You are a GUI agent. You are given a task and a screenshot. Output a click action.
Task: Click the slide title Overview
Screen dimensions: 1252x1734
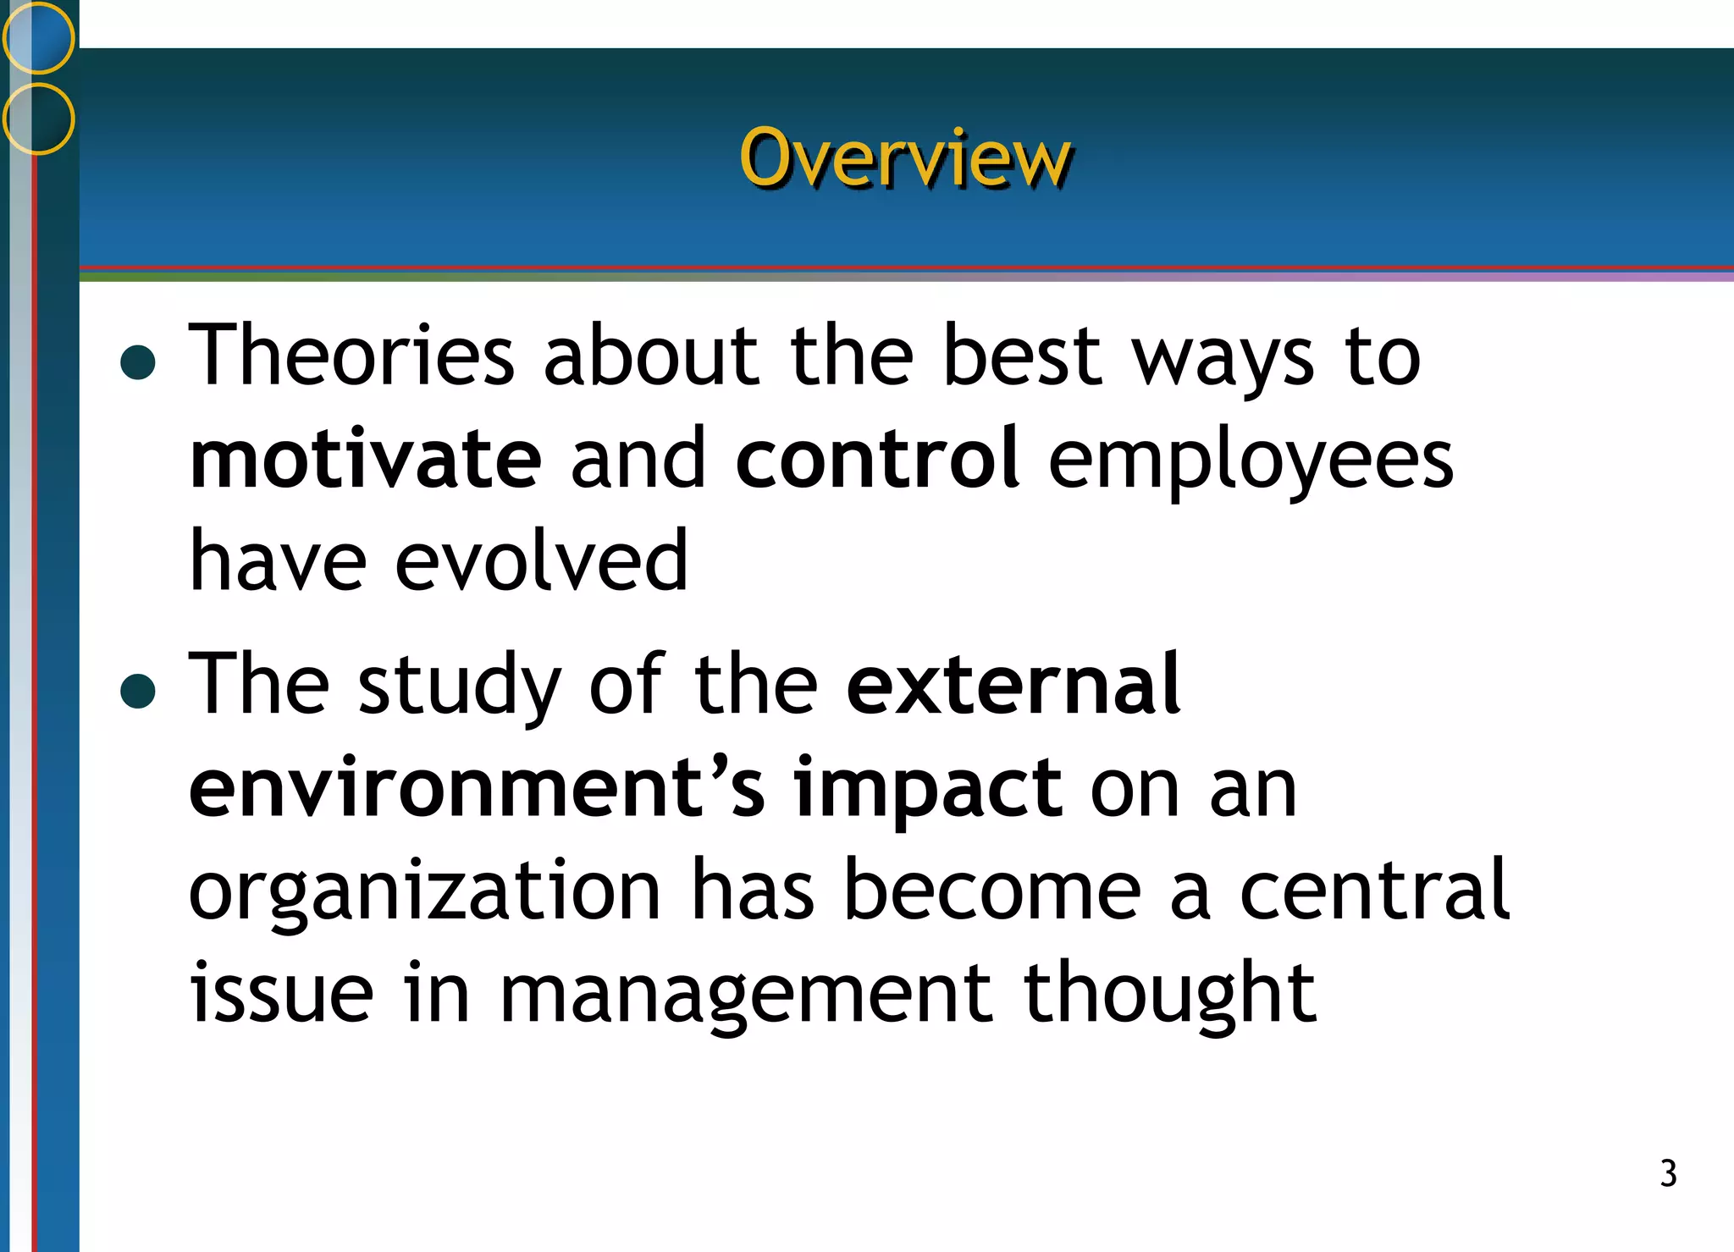click(x=905, y=158)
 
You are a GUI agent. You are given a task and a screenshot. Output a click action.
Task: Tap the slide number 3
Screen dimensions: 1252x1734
click(x=1667, y=1173)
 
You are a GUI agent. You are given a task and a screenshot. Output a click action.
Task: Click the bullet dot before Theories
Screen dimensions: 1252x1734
click(x=138, y=361)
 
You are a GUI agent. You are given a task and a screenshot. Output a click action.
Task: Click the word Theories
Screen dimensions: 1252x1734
click(x=351, y=356)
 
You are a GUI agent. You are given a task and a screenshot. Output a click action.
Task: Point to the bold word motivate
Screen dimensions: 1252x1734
click(x=365, y=459)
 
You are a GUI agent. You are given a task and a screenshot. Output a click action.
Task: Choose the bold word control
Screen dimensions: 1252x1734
click(x=877, y=459)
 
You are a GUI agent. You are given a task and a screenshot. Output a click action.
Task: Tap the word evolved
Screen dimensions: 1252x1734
click(x=541, y=561)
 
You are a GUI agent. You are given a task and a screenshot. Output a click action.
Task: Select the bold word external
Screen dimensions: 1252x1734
click(x=1013, y=684)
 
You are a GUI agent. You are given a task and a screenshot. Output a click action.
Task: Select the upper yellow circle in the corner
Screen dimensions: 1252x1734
click(x=38, y=37)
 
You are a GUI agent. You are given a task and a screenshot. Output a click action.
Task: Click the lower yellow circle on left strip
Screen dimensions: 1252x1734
click(x=38, y=119)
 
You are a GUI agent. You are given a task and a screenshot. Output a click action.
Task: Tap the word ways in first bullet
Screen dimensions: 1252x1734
click(x=1223, y=360)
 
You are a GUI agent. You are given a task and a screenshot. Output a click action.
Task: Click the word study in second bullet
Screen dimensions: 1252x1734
click(x=460, y=687)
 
